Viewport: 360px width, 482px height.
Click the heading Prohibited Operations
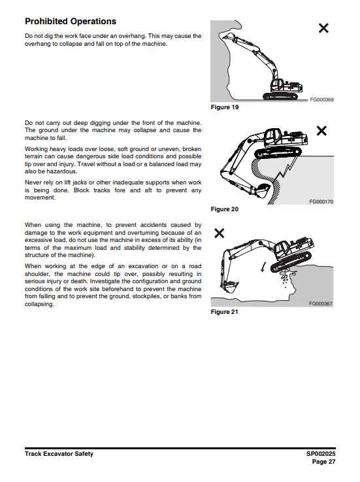coord(71,22)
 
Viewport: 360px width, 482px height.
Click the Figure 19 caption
coord(225,107)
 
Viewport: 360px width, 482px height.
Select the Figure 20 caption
coord(225,209)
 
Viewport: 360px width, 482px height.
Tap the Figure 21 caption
coord(225,312)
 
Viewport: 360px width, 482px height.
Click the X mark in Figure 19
coord(323,28)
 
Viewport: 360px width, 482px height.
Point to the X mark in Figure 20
coord(321,131)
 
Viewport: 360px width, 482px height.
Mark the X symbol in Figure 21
coord(220,233)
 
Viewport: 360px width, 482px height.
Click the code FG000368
coord(321,99)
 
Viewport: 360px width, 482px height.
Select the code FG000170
coord(321,201)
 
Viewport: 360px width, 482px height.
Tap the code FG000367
coord(321,303)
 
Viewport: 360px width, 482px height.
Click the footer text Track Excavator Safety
coord(59,454)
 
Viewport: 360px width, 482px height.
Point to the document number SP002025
coord(321,454)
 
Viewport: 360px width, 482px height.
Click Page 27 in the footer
coord(324,462)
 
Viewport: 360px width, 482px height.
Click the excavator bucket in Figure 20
coord(262,190)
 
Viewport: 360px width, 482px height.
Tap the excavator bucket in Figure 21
coord(229,286)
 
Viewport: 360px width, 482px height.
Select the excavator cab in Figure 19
coord(277,84)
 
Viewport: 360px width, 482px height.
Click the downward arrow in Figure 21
coord(263,267)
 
